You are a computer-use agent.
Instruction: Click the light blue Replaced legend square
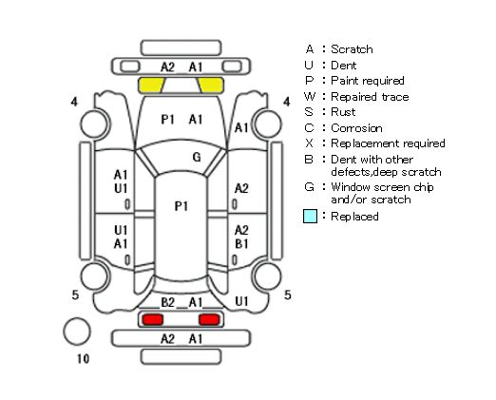(x=310, y=217)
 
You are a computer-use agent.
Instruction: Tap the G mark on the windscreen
(x=197, y=157)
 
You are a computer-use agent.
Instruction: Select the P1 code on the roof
(x=181, y=206)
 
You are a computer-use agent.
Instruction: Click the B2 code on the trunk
(x=168, y=302)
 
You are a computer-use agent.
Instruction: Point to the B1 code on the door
(x=241, y=244)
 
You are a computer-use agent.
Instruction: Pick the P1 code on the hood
(x=168, y=120)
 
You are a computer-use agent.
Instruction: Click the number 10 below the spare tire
(x=83, y=359)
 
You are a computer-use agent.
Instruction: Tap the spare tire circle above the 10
(x=77, y=332)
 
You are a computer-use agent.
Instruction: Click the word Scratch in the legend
(x=352, y=49)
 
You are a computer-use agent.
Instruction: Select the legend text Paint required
(x=368, y=81)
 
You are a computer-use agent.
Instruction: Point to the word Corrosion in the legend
(x=356, y=128)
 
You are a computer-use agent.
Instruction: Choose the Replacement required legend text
(x=388, y=143)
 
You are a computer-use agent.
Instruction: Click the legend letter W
(x=310, y=96)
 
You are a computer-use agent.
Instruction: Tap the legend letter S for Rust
(x=309, y=112)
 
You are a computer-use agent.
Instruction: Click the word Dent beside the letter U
(x=344, y=66)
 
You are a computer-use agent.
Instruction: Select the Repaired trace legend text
(x=370, y=97)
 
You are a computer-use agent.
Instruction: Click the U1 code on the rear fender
(x=241, y=301)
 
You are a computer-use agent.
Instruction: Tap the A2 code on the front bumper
(x=167, y=67)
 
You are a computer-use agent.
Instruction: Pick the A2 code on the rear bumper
(x=167, y=339)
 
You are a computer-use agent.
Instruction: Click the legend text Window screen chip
(x=382, y=187)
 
